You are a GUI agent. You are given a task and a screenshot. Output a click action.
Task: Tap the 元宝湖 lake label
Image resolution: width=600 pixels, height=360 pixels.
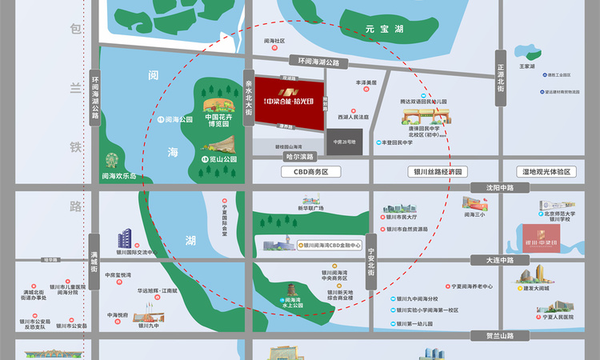(381, 29)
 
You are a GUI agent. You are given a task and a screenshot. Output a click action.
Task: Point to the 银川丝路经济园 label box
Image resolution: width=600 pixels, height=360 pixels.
(437, 172)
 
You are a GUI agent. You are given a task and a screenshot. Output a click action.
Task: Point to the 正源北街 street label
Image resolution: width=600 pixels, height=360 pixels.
(501, 71)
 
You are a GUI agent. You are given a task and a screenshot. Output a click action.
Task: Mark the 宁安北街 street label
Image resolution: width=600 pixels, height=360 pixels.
(372, 261)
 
